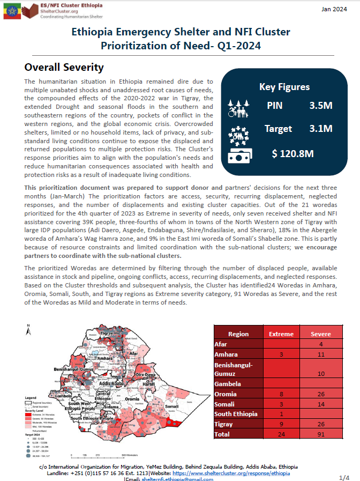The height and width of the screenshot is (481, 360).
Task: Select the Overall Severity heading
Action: point(64,68)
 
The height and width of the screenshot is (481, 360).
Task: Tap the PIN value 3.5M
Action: point(320,105)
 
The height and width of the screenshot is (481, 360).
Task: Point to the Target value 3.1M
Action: point(320,129)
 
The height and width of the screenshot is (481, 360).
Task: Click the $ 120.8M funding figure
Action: point(292,153)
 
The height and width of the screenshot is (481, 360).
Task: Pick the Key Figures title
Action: point(284,86)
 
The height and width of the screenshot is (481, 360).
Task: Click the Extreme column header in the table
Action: point(281,334)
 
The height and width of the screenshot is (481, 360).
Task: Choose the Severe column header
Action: point(320,334)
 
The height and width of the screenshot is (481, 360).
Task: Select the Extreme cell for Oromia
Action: point(281,394)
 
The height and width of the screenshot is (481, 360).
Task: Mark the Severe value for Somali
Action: point(320,404)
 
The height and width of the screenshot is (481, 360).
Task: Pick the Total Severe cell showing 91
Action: point(320,434)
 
